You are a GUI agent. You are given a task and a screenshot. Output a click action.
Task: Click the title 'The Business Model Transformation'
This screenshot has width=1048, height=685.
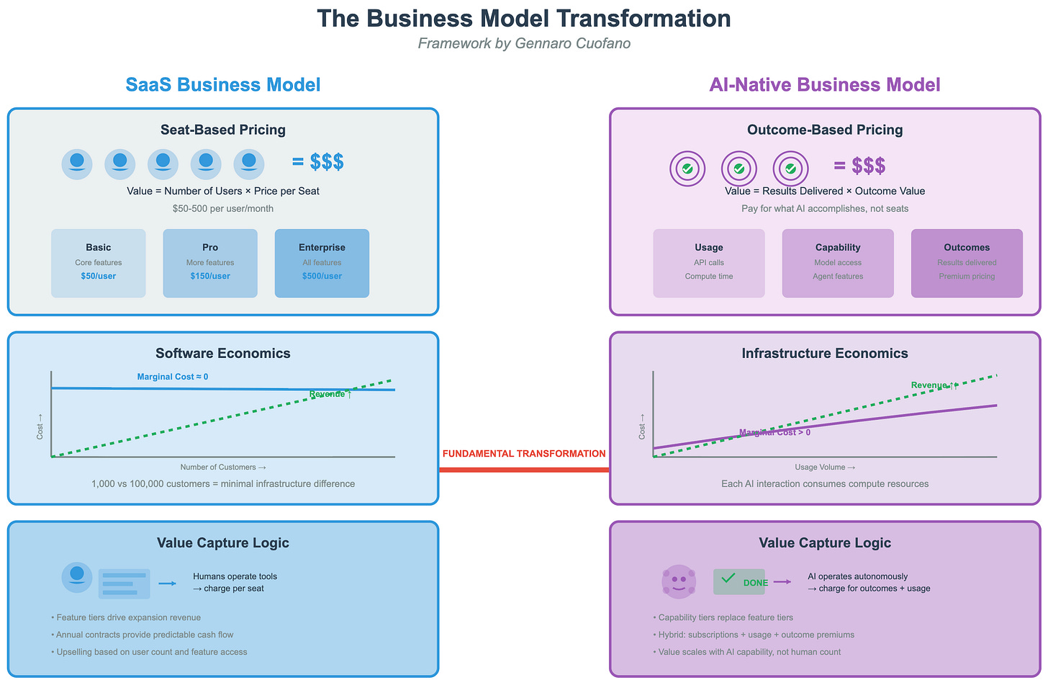click(x=524, y=19)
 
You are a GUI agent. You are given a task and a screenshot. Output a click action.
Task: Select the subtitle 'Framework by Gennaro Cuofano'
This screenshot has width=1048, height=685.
click(x=524, y=43)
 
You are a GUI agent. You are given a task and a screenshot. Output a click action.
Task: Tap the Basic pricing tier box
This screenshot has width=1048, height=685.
click(x=99, y=263)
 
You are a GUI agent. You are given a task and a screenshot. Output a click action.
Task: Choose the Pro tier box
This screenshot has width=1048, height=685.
click(x=210, y=263)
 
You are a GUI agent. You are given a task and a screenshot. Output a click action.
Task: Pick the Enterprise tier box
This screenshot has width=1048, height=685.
click(x=322, y=263)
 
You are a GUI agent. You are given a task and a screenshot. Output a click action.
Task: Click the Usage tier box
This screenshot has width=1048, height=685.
click(x=709, y=263)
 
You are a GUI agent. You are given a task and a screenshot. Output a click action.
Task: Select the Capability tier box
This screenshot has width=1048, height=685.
click(x=838, y=263)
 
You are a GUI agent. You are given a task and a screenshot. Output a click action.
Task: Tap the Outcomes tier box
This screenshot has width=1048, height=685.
click(x=967, y=263)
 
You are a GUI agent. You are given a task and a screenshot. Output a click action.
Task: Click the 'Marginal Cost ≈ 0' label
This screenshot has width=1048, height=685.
click(x=173, y=377)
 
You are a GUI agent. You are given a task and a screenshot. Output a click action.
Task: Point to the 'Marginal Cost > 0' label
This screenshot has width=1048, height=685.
click(x=774, y=432)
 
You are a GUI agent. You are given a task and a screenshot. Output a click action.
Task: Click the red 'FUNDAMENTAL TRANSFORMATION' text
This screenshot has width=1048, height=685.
click(x=524, y=454)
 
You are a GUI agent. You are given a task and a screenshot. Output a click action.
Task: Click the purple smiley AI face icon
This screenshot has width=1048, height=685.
click(x=678, y=581)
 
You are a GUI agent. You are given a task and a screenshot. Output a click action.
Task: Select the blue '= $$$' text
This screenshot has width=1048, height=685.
click(x=318, y=162)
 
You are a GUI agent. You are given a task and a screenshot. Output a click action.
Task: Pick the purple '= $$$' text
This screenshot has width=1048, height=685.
click(x=859, y=166)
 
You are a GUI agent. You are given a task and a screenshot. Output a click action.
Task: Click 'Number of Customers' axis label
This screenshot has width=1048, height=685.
click(x=223, y=467)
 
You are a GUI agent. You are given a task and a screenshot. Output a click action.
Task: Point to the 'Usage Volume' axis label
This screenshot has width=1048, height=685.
click(x=825, y=467)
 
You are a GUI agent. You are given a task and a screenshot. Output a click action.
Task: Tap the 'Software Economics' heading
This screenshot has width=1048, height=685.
click(x=223, y=353)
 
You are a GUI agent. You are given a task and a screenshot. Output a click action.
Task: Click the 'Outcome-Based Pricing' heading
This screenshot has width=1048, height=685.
click(x=825, y=130)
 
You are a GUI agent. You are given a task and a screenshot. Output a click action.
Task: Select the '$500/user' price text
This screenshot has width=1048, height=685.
click(x=322, y=276)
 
